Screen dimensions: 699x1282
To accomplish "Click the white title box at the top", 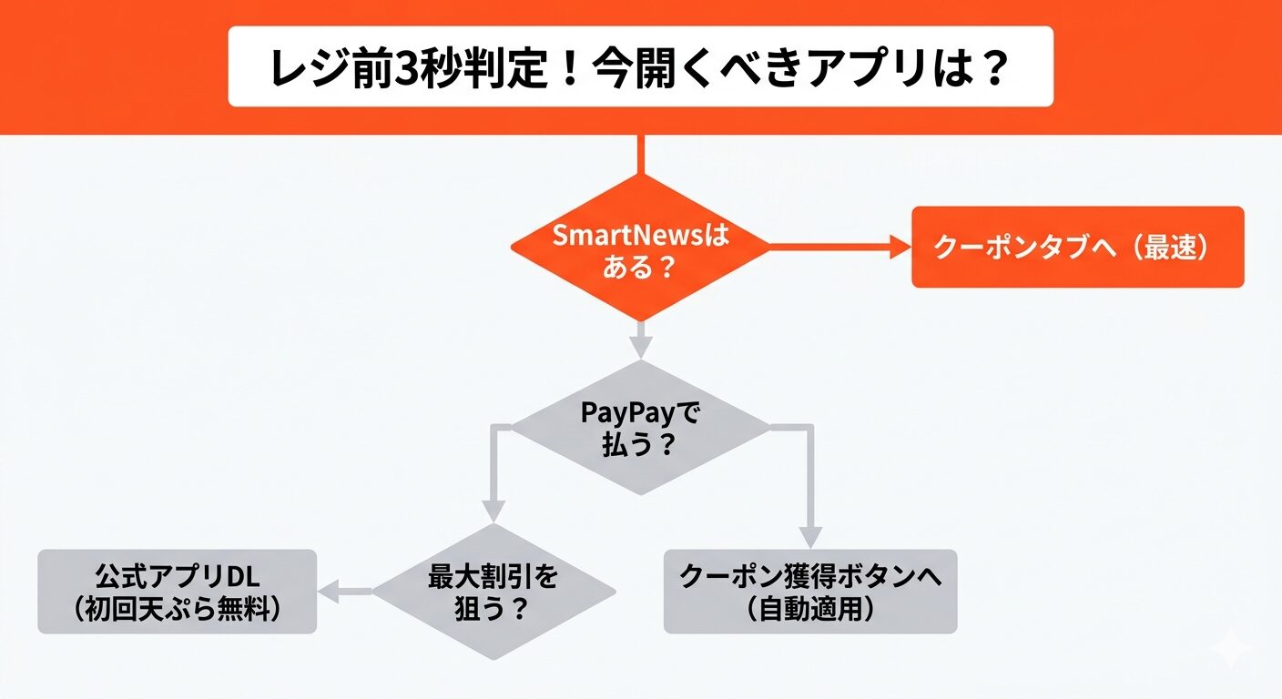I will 640,66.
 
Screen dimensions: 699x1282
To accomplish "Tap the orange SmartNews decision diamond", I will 640,248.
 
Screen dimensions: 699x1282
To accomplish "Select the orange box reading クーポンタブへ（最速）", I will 1077,248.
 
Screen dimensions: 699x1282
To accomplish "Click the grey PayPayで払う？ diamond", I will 640,428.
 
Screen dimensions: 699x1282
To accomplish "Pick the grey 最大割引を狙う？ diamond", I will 493,592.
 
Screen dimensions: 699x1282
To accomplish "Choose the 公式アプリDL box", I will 177,592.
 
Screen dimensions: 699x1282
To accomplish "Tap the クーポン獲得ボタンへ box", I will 809,592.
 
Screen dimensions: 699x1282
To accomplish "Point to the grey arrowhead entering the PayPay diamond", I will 641,349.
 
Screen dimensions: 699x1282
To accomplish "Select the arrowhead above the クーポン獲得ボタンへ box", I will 809,537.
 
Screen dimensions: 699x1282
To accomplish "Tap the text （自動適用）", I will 809,609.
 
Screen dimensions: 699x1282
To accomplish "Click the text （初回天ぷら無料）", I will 177,609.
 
